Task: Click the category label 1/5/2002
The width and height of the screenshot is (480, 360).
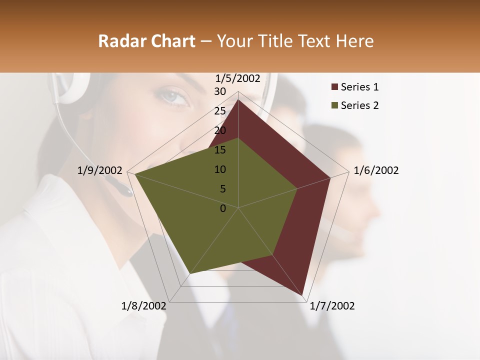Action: (238, 78)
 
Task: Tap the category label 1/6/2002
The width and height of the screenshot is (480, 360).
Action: (376, 170)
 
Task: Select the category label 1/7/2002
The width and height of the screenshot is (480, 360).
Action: (332, 306)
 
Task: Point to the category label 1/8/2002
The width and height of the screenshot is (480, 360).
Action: (144, 306)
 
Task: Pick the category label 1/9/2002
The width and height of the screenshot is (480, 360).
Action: (99, 170)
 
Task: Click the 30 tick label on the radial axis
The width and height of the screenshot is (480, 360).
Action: (220, 91)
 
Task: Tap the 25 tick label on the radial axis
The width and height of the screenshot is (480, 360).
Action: (220, 111)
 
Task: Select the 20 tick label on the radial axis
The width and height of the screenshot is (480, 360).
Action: (220, 130)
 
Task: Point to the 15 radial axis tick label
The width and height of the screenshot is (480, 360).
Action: (220, 150)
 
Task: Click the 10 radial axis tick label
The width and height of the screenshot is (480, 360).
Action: (220, 169)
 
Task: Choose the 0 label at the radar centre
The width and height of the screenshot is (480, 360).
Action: (223, 208)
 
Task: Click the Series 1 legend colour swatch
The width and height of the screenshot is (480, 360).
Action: (334, 87)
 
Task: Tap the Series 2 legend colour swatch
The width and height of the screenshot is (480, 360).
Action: (334, 105)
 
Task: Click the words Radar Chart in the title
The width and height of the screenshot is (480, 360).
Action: (146, 41)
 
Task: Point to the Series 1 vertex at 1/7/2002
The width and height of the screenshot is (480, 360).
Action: (303, 295)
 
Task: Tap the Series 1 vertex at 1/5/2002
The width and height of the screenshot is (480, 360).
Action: (238, 100)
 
